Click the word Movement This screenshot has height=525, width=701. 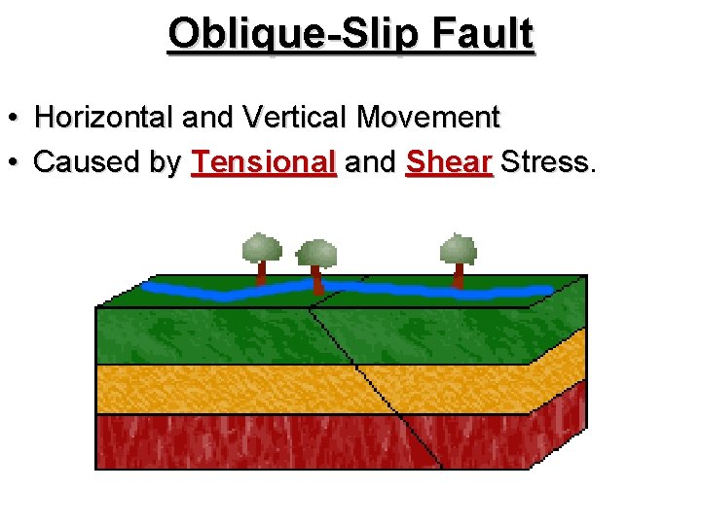point(427,119)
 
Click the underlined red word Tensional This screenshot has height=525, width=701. point(264,162)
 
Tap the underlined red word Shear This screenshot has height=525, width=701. point(450,162)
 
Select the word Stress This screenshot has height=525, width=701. point(546,162)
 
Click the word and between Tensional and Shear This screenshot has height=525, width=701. point(370,162)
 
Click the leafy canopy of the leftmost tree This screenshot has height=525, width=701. point(261,247)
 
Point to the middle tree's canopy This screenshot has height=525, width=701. point(316,253)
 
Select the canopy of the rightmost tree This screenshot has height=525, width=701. point(458,249)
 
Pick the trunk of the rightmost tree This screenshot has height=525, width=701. point(458,275)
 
